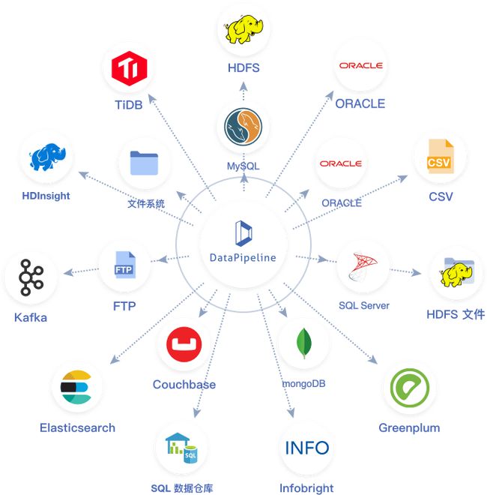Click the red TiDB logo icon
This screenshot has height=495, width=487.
click(x=128, y=70)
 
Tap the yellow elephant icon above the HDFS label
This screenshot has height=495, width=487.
click(x=243, y=31)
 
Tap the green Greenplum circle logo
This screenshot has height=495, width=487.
click(x=409, y=388)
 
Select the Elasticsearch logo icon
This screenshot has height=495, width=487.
click(x=76, y=387)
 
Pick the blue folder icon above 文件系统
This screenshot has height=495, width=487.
click(x=145, y=164)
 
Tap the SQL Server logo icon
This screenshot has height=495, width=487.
click(x=363, y=266)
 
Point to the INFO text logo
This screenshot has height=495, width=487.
click(x=307, y=448)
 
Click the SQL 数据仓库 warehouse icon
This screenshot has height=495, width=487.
click(x=181, y=448)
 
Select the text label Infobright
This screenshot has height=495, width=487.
click(x=306, y=488)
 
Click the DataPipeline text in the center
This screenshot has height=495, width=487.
click(x=243, y=258)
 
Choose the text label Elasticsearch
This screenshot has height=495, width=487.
click(x=77, y=428)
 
